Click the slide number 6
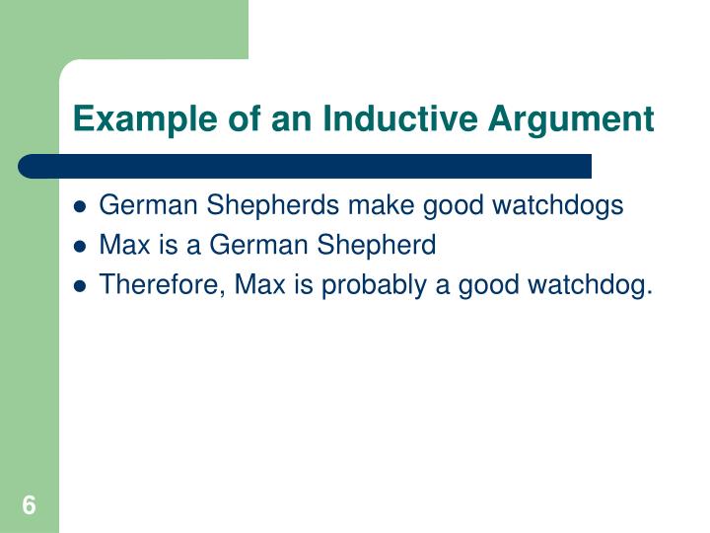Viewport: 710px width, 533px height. pyautogui.click(x=29, y=505)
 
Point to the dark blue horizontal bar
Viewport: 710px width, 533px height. pyautogui.click(x=306, y=166)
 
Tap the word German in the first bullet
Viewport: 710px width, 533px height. pyautogui.click(x=138, y=205)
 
